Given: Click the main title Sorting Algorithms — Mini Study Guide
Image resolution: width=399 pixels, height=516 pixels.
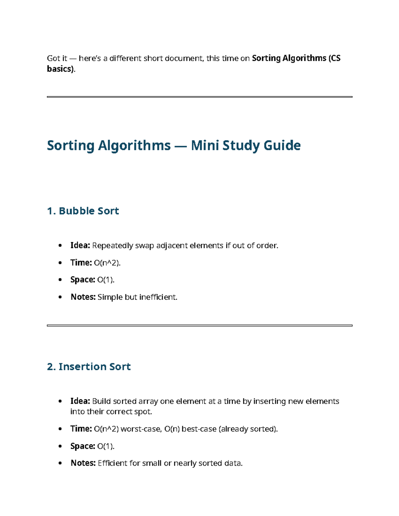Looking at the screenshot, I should click(x=174, y=146).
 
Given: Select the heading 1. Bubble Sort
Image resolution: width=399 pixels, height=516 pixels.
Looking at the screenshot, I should click(x=83, y=211).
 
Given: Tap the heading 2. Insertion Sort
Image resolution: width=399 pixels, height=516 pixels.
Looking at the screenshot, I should click(x=89, y=366).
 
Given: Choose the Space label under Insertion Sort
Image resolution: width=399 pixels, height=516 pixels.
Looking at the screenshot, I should click(x=82, y=446).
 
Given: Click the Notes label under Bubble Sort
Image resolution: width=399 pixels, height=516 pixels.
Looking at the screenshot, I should click(x=83, y=297).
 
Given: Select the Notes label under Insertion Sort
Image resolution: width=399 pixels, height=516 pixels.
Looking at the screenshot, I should click(x=83, y=463).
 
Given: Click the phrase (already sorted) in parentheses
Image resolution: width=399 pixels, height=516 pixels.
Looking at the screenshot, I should click(x=248, y=429).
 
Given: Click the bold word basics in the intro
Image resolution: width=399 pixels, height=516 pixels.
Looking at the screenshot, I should click(x=60, y=69).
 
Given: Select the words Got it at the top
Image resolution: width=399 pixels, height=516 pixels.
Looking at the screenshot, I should click(x=57, y=58).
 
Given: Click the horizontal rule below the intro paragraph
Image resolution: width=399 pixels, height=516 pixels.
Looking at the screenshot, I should click(x=199, y=97).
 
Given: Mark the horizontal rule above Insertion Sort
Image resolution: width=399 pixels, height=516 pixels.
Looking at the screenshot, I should click(x=199, y=326).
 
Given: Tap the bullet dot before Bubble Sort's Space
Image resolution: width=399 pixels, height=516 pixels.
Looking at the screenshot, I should click(x=60, y=280).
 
